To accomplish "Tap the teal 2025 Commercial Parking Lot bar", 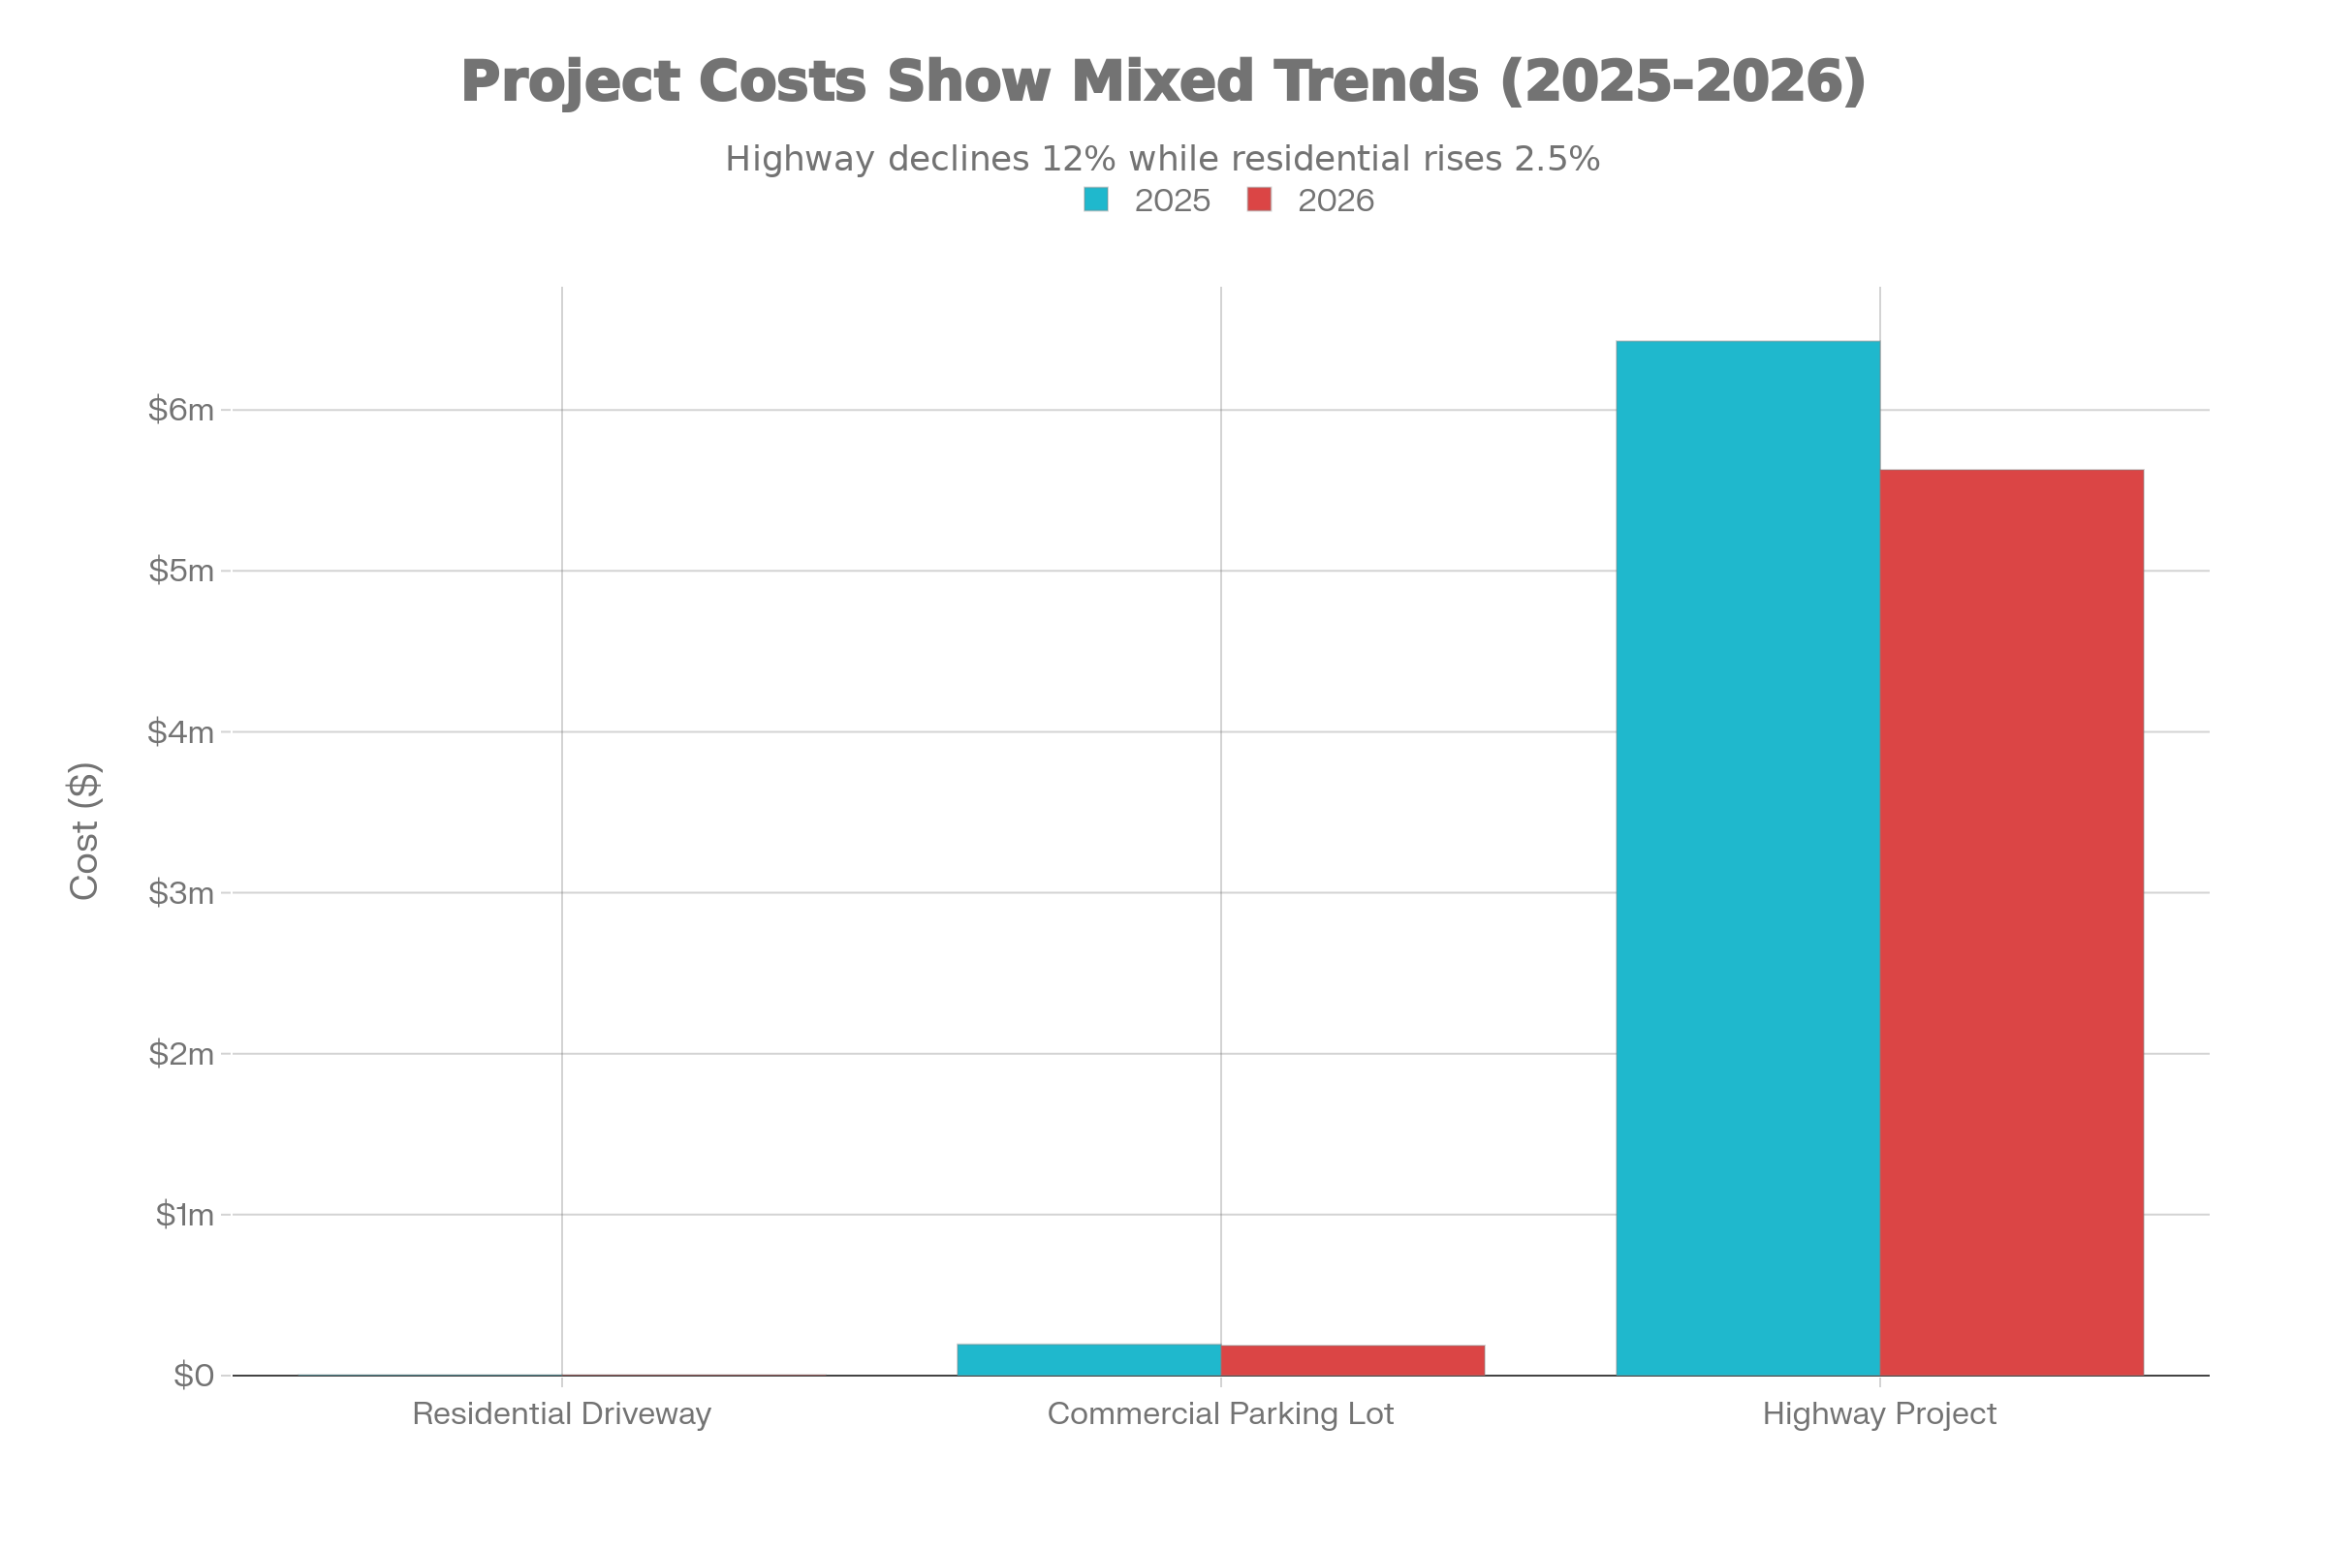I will pos(1087,1359).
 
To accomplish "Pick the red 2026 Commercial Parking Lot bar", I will pos(1353,1360).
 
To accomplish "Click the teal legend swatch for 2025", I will pos(1096,200).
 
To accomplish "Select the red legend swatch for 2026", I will pos(1259,200).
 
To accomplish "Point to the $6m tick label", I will pos(181,409).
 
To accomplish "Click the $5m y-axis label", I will pos(181,571).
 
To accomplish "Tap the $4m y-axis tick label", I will pos(181,732).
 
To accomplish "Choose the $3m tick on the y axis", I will pos(181,893).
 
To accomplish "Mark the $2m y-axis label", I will pos(181,1054).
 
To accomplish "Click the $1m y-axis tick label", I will pos(184,1215).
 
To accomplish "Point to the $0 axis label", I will pos(193,1376).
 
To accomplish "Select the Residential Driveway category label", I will pos(562,1414).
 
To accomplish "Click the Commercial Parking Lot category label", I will pos(1220,1414).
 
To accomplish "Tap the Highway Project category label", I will pos(1879,1414).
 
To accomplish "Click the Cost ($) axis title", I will pos(85,830).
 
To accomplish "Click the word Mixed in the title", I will pos(1163,81).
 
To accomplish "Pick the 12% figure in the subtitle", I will pos(1078,159).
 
